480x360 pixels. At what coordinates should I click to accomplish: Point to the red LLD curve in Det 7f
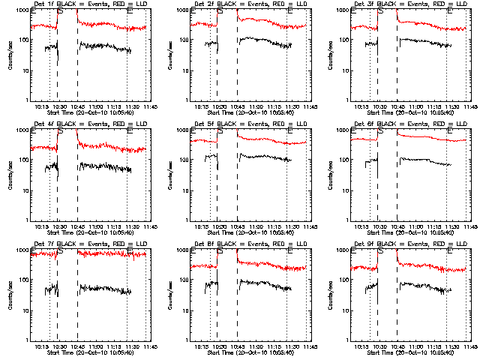[105, 254]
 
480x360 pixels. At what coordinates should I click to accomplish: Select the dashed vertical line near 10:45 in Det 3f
[397, 60]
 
